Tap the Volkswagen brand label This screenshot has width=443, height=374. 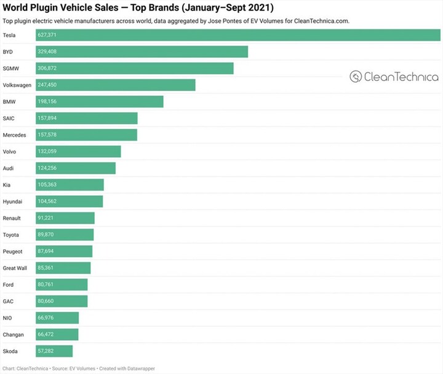click(18, 85)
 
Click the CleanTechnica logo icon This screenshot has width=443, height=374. click(356, 77)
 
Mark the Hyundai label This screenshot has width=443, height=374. click(14, 201)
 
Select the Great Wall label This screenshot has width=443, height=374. click(17, 268)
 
